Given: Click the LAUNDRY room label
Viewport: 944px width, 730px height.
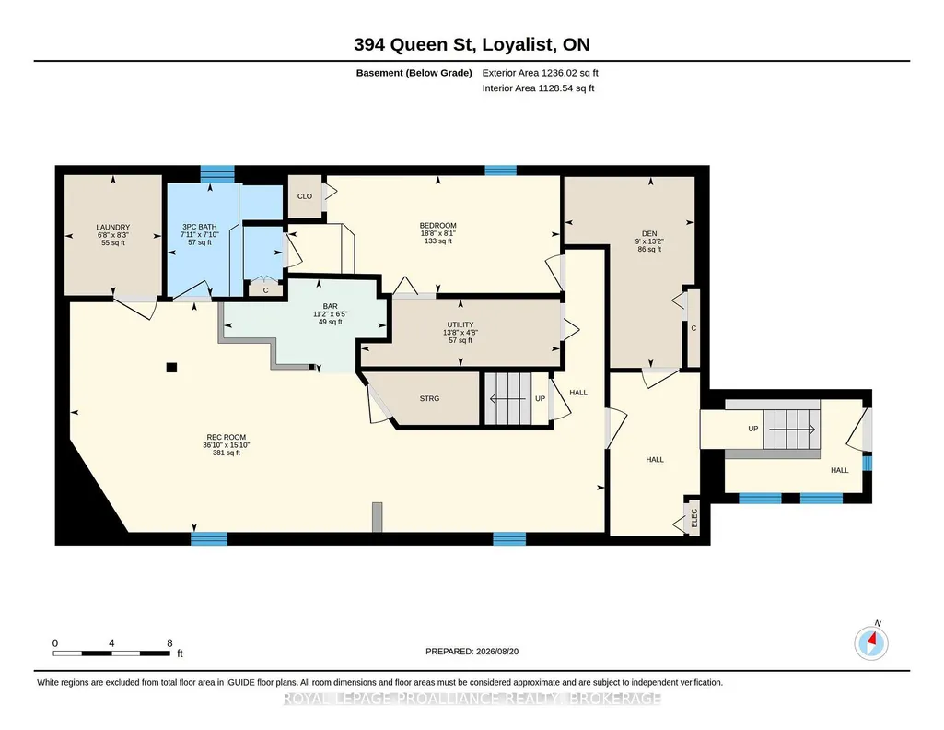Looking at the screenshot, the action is click(113, 227).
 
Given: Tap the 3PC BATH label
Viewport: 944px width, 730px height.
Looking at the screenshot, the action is click(199, 227).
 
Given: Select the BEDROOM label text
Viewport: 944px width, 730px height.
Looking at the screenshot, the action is click(437, 225).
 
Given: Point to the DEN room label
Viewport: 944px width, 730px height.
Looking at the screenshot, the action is click(649, 234).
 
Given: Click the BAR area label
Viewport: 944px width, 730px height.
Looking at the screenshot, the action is click(330, 307).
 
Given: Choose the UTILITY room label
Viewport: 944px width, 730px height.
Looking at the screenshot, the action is click(460, 324).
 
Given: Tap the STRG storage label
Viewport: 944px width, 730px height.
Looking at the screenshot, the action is click(429, 399).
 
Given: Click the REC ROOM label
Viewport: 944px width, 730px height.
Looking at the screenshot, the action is click(227, 437).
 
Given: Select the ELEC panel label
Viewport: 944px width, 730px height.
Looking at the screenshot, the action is click(693, 518).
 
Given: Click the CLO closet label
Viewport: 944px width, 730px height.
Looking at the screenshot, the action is click(305, 196).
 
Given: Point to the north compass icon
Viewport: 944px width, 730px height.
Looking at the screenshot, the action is click(871, 642).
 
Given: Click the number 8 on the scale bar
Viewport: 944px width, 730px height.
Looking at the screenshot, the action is click(169, 643).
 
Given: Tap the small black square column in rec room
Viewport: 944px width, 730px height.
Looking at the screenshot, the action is click(171, 368).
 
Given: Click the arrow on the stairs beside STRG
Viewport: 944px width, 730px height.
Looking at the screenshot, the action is click(508, 399).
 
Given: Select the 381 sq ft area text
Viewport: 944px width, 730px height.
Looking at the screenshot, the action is click(227, 453).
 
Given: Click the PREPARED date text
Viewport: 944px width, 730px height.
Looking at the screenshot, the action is click(472, 651).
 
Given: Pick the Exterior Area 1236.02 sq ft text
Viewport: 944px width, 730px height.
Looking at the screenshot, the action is click(540, 73).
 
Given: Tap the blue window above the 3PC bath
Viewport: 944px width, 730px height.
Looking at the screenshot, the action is click(216, 173).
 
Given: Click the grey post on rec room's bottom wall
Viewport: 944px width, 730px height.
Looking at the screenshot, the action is click(377, 517).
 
